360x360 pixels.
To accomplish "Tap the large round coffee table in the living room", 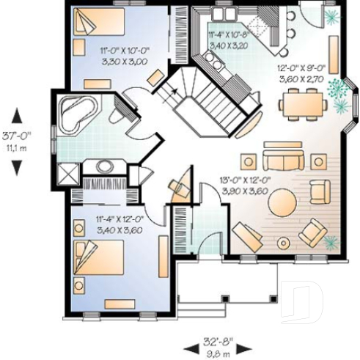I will point(282,207).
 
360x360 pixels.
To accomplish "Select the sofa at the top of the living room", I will point(283,160).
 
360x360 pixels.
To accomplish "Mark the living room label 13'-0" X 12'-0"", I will point(246,180).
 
